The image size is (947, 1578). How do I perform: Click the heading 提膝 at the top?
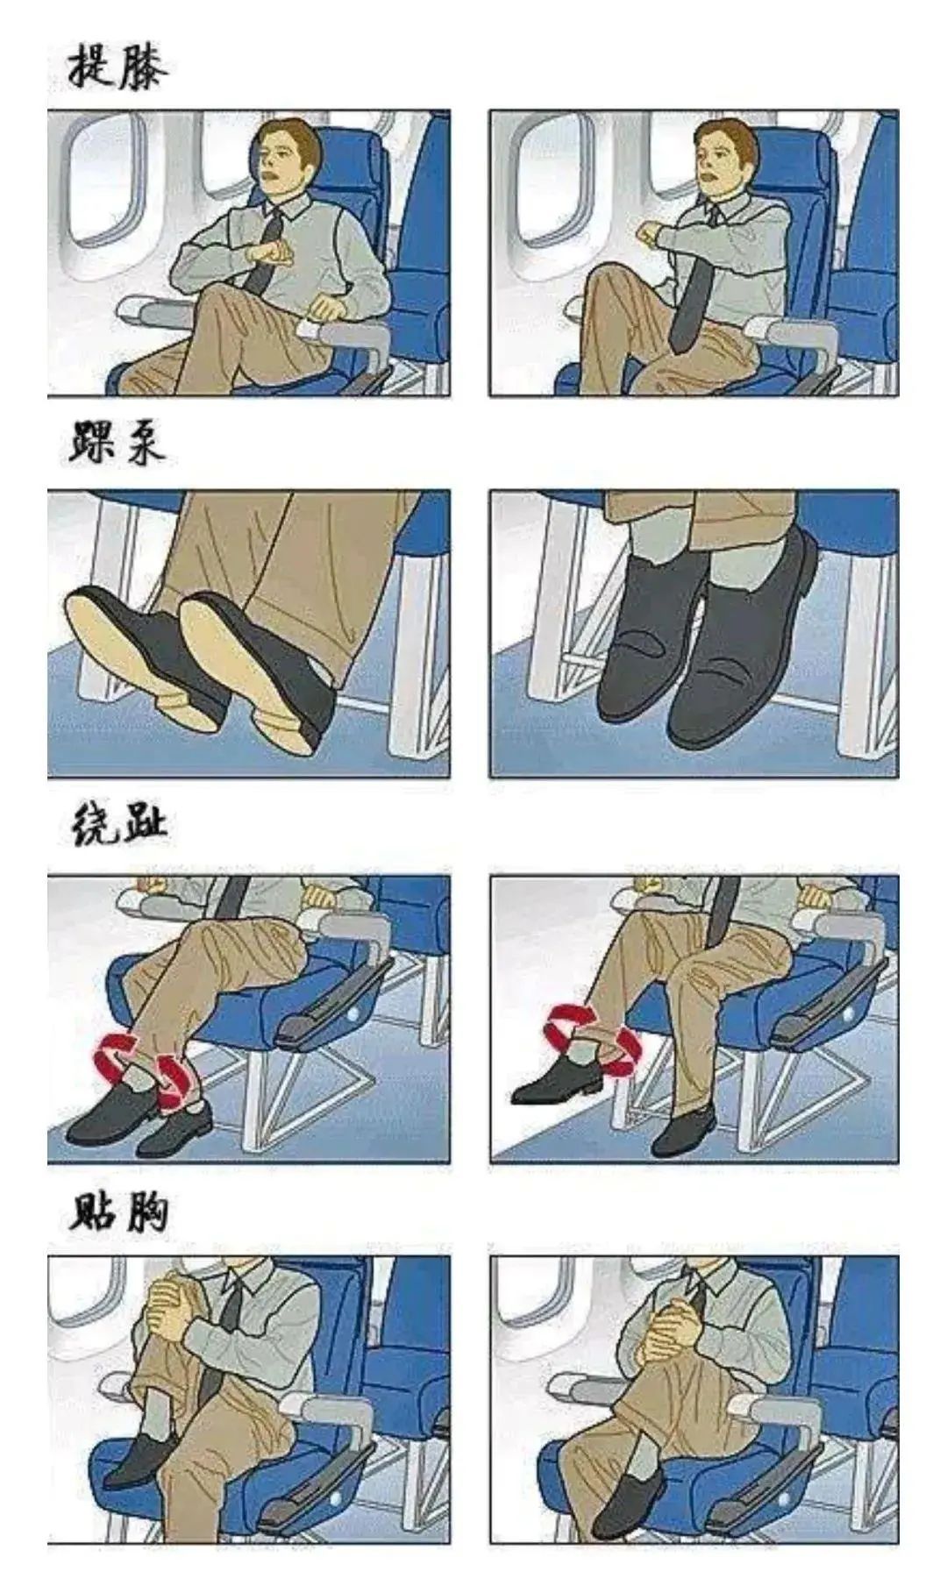click(x=117, y=67)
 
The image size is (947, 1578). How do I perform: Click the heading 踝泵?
click(x=117, y=444)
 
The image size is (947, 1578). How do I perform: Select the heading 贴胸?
click(x=118, y=1212)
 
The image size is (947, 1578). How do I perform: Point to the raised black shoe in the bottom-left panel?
click(x=140, y=1461)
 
